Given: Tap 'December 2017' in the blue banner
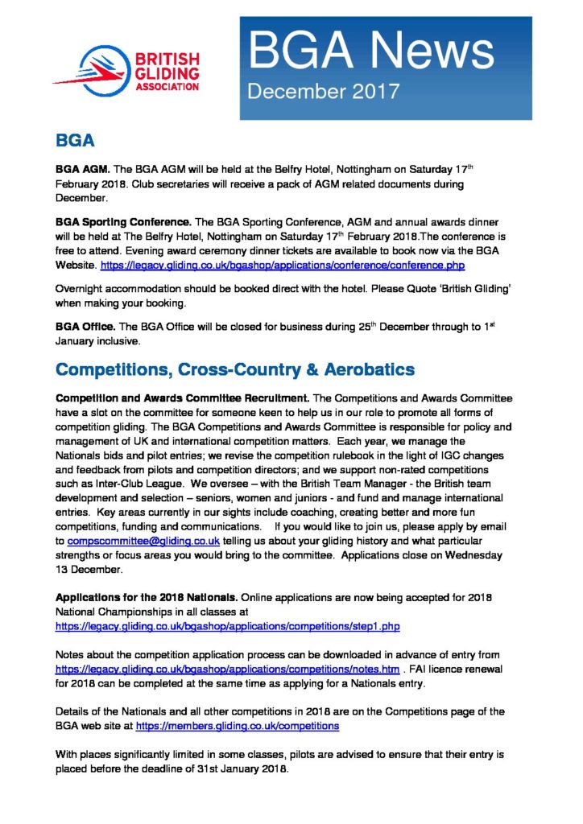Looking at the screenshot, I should pos(323,91).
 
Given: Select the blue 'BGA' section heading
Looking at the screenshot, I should pos(76,141).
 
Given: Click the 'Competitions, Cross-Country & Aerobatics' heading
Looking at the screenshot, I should pos(234,369).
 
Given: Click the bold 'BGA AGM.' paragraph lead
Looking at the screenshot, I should pos(82,170).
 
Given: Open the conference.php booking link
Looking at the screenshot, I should pos(283,263).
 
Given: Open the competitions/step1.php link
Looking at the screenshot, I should pos(227,625).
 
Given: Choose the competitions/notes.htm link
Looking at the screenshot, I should pos(227,669).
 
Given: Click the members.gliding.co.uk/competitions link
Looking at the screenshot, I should pos(238,726).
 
